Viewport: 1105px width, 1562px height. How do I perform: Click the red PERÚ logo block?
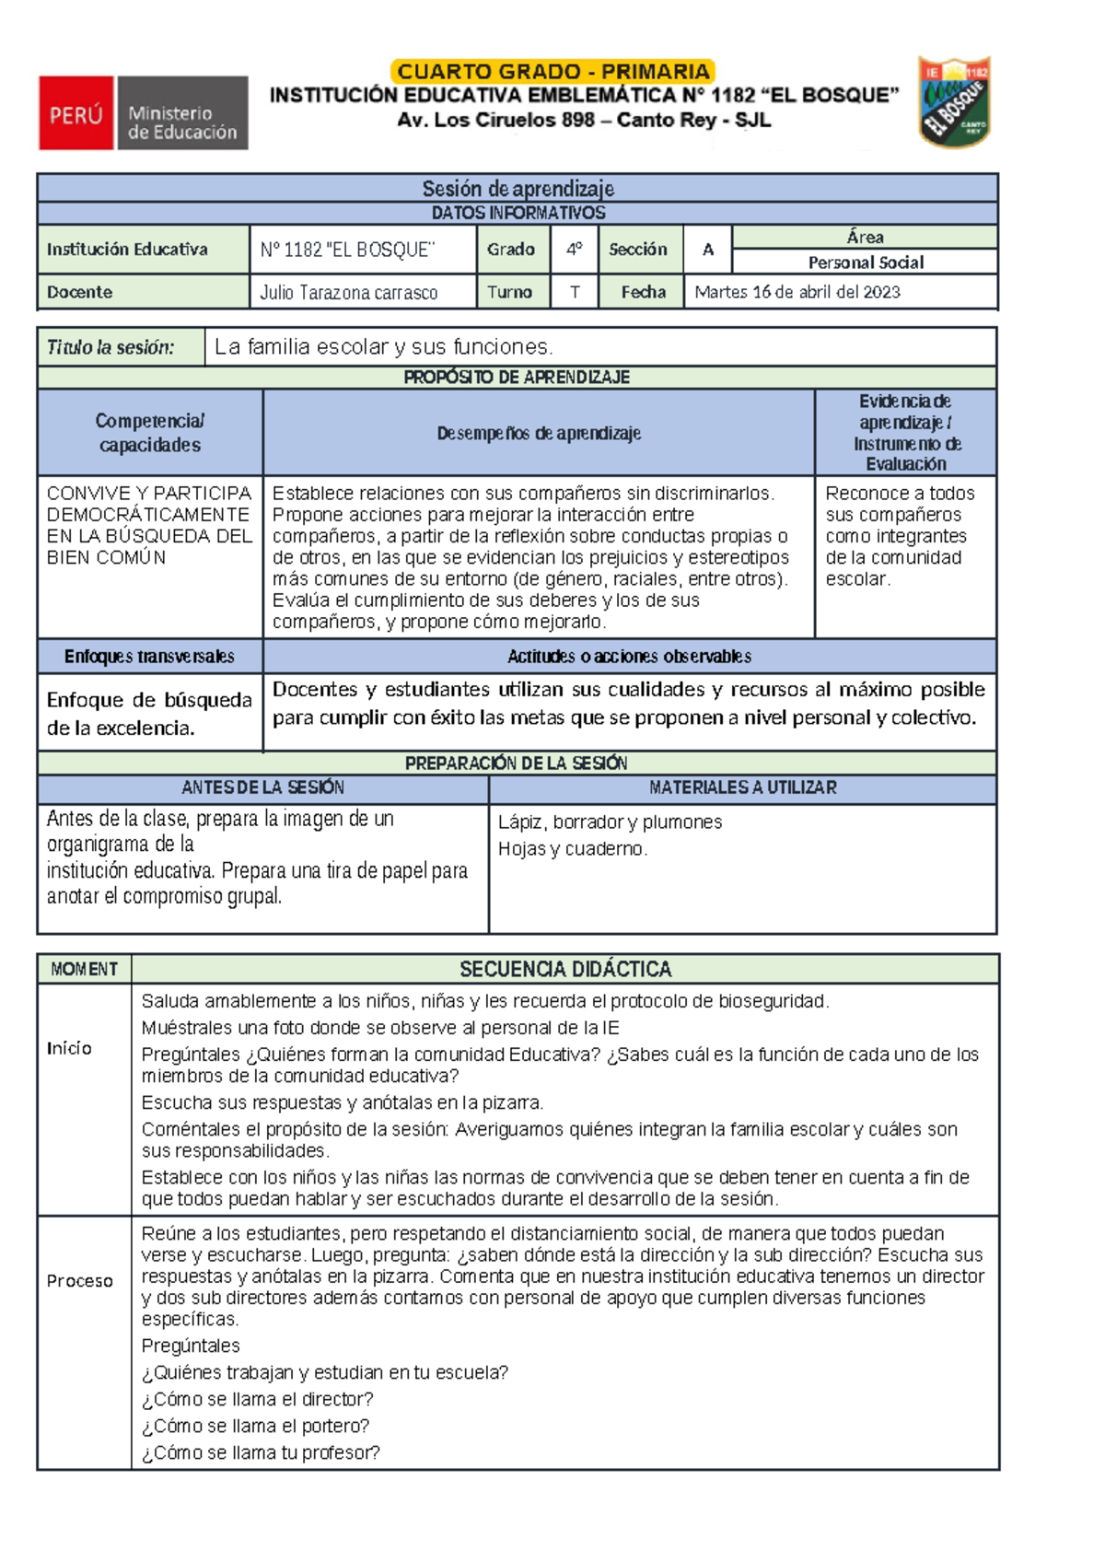76,113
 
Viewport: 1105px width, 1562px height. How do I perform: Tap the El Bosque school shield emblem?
954,101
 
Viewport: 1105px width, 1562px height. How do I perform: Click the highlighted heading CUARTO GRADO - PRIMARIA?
553,72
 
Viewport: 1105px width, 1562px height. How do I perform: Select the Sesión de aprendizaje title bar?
518,189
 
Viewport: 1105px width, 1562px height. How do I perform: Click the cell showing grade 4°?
575,249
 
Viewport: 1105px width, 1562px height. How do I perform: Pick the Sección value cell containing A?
707,249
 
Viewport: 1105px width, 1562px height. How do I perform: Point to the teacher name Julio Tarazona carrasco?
349,293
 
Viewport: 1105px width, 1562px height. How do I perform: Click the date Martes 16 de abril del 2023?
797,292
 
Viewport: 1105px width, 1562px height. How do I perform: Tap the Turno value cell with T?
575,292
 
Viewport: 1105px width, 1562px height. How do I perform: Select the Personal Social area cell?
865,262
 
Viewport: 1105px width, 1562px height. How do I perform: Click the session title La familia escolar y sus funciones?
384,347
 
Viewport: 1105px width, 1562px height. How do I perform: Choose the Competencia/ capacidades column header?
149,433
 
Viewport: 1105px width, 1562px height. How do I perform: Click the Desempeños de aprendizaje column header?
539,433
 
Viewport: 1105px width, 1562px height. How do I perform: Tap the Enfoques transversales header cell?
149,657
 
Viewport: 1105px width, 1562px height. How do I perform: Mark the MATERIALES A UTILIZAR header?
742,788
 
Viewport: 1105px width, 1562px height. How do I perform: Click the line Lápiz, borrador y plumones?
610,822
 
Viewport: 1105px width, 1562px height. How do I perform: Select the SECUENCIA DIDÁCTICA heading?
565,969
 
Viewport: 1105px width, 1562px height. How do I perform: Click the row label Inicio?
70,1048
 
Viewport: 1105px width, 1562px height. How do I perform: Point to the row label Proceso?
80,1281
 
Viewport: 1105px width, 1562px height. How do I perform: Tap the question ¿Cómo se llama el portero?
255,1426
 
